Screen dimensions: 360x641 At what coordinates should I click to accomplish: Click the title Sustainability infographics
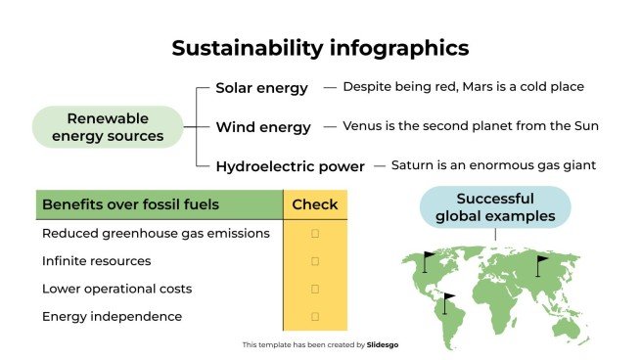point(320,48)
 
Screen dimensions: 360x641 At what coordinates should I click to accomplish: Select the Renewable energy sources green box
point(108,127)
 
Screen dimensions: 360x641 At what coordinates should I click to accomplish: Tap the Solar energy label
point(261,88)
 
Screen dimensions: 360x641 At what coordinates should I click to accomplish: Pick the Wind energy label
point(263,127)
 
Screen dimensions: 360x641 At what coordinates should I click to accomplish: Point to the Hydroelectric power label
point(290,166)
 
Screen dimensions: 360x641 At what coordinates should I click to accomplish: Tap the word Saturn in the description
point(412,165)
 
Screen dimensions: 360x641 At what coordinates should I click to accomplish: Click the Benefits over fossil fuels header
point(130,204)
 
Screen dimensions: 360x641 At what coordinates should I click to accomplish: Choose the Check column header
point(315,204)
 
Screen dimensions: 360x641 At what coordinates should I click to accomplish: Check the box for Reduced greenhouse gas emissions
point(315,234)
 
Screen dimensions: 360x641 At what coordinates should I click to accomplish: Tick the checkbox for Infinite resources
point(315,261)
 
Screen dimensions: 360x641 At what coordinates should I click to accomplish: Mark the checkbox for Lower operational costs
point(315,289)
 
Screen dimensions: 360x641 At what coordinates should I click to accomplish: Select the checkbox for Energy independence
point(315,316)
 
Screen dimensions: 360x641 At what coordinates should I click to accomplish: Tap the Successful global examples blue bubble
point(495,206)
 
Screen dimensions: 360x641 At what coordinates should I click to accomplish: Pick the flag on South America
point(448,300)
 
